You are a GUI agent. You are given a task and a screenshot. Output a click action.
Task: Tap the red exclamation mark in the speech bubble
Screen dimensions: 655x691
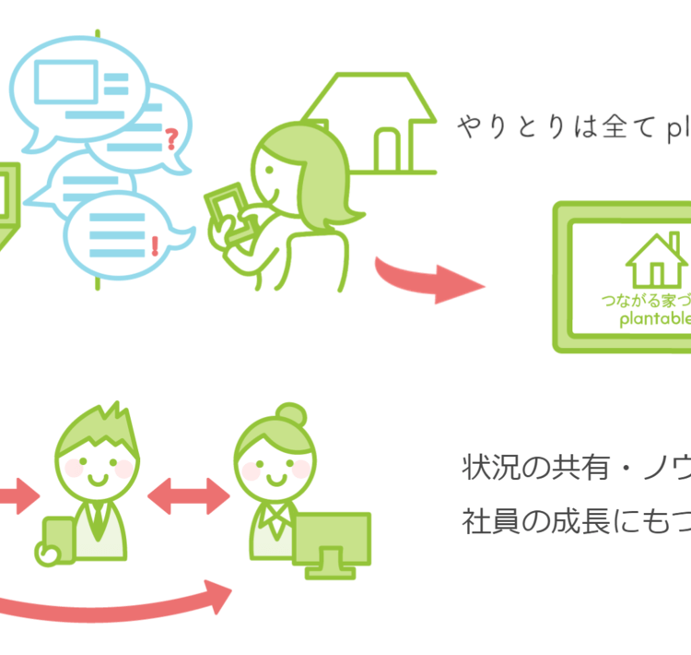tap(154, 245)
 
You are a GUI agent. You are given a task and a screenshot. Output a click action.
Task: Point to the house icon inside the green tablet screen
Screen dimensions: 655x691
tap(655, 258)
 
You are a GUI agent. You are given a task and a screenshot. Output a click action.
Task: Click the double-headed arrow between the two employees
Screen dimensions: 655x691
tap(188, 496)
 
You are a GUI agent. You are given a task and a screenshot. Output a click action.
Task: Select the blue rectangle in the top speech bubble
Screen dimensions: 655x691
tap(66, 80)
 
